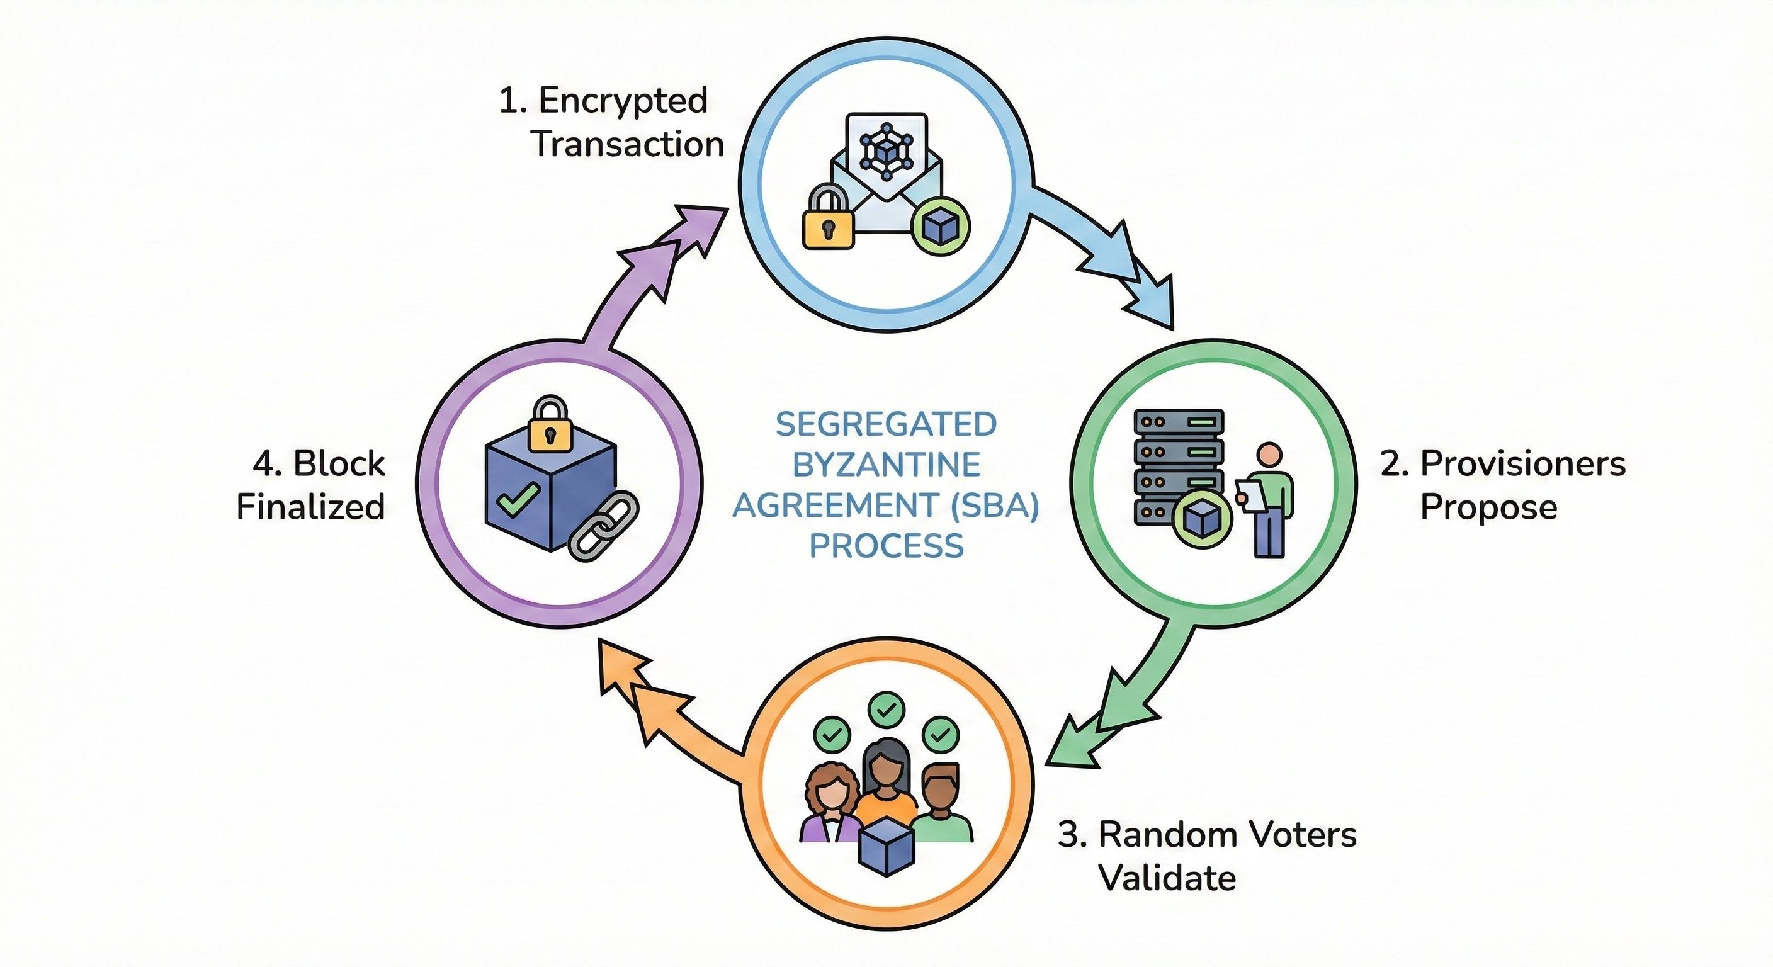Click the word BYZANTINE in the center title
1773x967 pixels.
pos(886,465)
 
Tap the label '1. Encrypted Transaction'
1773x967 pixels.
pos(611,123)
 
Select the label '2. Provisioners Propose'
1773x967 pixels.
pos(1502,485)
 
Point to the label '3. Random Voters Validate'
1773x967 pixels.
pos(1206,856)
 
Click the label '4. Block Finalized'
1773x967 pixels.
pos(311,485)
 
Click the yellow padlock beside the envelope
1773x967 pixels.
pos(829,219)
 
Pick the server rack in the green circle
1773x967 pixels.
pos(1179,465)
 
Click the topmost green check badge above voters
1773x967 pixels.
pos(886,709)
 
